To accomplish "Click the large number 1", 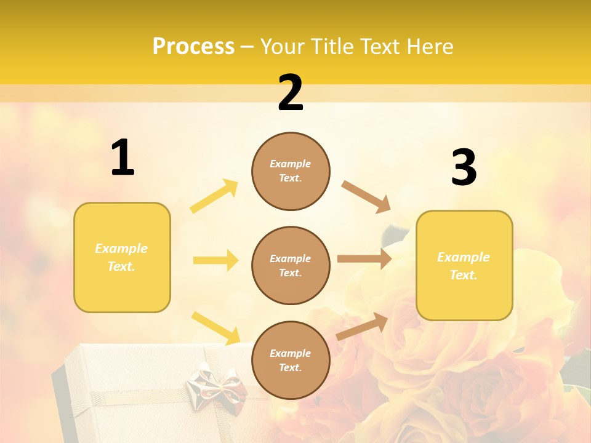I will tap(123, 159).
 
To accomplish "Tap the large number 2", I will tap(291, 93).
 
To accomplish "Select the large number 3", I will tap(464, 168).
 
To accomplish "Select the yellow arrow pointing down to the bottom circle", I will tap(216, 328).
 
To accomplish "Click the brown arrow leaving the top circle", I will tap(366, 197).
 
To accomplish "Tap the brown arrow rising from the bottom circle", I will tap(362, 327).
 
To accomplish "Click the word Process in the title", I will tap(193, 47).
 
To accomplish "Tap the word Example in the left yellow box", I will tap(121, 249).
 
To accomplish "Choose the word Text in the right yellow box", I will tap(464, 275).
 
